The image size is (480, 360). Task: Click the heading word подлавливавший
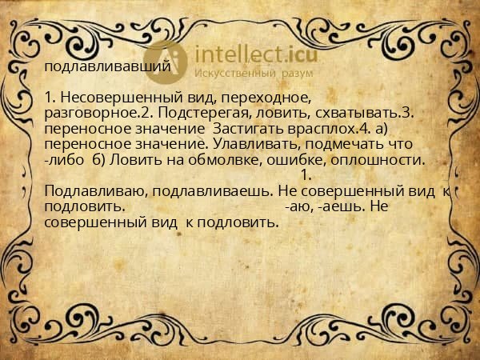coord(108,66)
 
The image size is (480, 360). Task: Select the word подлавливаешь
coord(212,192)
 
